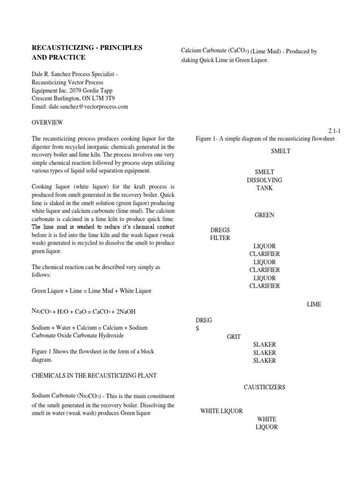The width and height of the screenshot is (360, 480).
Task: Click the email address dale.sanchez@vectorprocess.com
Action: click(x=89, y=106)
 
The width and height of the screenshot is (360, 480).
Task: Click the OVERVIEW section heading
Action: click(x=47, y=122)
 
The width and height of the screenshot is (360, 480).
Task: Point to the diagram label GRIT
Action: click(x=233, y=337)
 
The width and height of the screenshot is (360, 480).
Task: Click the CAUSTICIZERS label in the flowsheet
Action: click(x=264, y=387)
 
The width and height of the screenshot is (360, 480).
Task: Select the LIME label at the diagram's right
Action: click(x=314, y=304)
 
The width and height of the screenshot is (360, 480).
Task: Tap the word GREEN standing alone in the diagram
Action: click(x=264, y=215)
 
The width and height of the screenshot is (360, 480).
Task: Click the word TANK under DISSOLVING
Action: click(x=264, y=188)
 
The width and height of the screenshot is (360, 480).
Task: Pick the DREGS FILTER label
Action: click(x=220, y=234)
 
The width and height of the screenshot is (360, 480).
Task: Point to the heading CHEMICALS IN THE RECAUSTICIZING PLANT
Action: click(x=94, y=375)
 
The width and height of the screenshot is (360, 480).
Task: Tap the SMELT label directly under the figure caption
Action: click(x=281, y=151)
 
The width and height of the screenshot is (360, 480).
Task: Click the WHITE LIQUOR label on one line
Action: click(x=221, y=411)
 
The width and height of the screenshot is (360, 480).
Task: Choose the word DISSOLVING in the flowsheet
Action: click(x=264, y=180)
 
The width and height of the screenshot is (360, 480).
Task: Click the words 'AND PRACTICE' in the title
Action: click(x=58, y=57)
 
